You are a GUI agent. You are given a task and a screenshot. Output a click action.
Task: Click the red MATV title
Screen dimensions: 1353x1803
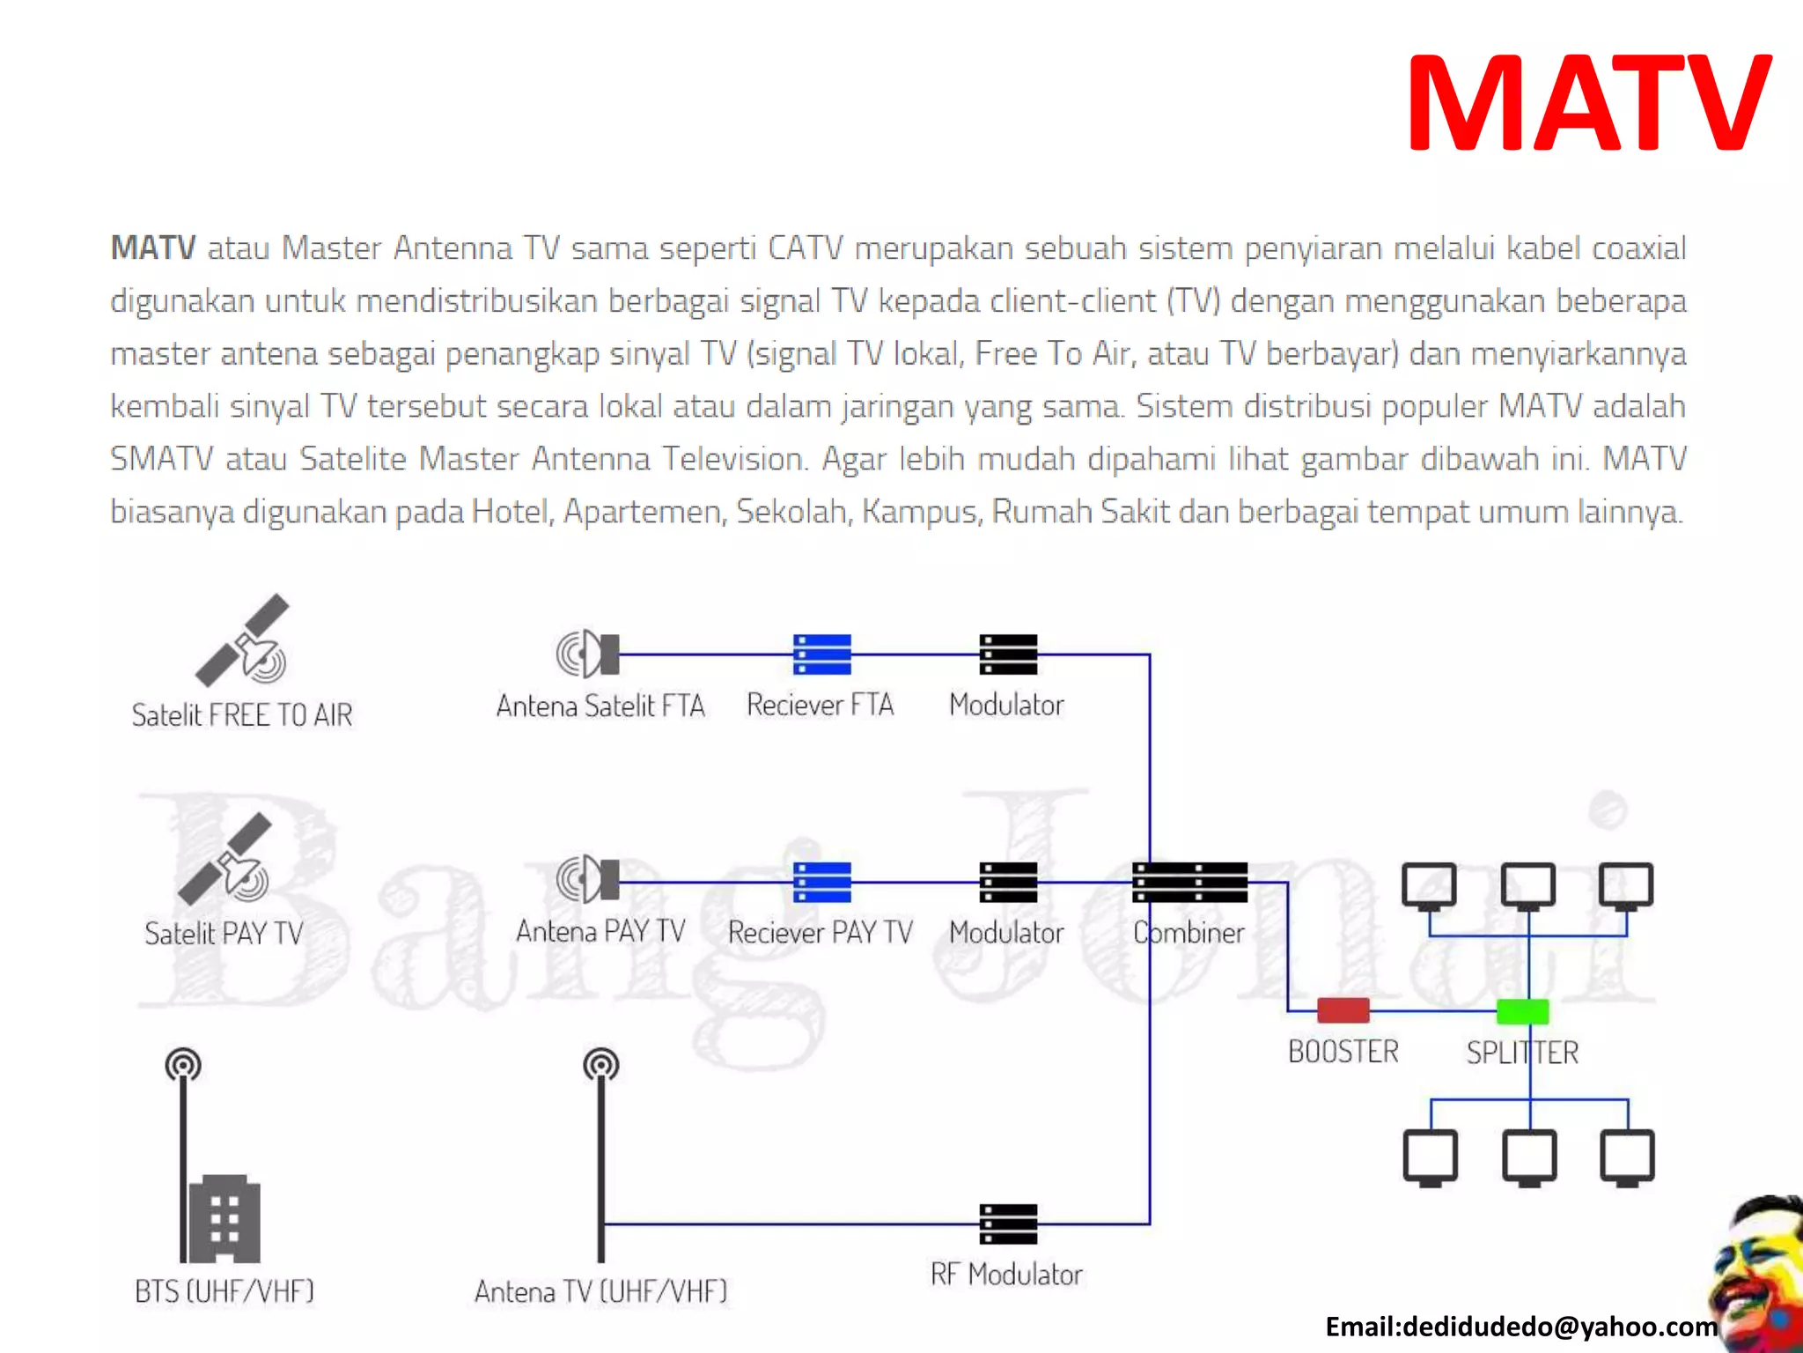click(x=1589, y=104)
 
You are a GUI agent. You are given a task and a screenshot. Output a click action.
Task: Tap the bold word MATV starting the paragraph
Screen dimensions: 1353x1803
click(x=152, y=248)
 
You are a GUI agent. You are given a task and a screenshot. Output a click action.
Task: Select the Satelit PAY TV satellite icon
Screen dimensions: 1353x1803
click(x=226, y=860)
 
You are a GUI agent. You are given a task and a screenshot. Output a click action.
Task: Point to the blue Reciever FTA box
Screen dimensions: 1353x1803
click(x=821, y=654)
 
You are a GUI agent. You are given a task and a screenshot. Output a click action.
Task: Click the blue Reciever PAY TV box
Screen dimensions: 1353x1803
click(x=821, y=882)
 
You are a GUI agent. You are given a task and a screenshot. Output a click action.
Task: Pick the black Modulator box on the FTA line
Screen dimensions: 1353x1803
click(x=1008, y=654)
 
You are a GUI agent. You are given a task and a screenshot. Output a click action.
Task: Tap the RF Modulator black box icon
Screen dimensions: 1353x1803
click(x=1008, y=1224)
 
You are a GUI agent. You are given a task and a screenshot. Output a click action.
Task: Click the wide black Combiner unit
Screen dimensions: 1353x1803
click(x=1189, y=882)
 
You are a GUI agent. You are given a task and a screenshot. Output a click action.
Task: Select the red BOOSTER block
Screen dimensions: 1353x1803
click(x=1343, y=1010)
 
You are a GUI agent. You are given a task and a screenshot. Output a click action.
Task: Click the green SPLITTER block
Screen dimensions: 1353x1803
click(x=1523, y=1011)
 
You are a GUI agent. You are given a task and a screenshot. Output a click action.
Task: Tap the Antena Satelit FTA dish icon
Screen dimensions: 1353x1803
click(x=588, y=654)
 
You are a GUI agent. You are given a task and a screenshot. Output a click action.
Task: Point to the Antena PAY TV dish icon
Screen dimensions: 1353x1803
click(x=588, y=879)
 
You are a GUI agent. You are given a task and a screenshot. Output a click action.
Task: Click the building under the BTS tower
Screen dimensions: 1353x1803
click(x=225, y=1218)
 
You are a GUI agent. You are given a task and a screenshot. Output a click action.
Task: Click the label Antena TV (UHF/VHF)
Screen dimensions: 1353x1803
click(x=600, y=1291)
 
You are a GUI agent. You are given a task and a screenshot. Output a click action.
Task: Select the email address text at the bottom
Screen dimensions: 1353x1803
click(x=1520, y=1327)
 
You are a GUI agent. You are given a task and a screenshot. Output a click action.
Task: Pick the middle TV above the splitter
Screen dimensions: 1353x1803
click(x=1527, y=886)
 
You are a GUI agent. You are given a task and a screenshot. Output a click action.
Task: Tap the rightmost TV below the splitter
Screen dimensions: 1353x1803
click(x=1627, y=1157)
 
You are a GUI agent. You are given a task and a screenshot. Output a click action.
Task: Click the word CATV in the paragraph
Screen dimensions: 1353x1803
click(x=805, y=248)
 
